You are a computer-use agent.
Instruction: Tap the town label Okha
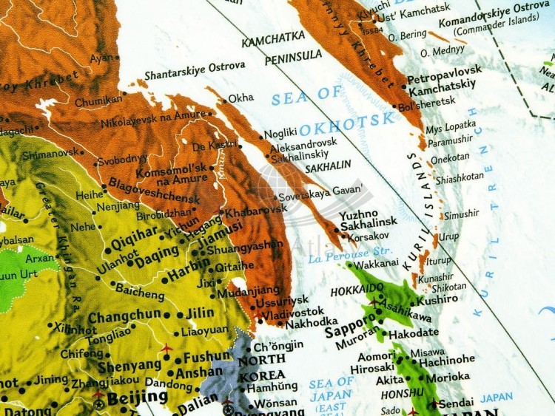[x=240, y=98]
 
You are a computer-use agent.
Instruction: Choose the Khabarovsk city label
[x=255, y=210]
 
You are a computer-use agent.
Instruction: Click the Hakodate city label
[x=419, y=333]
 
